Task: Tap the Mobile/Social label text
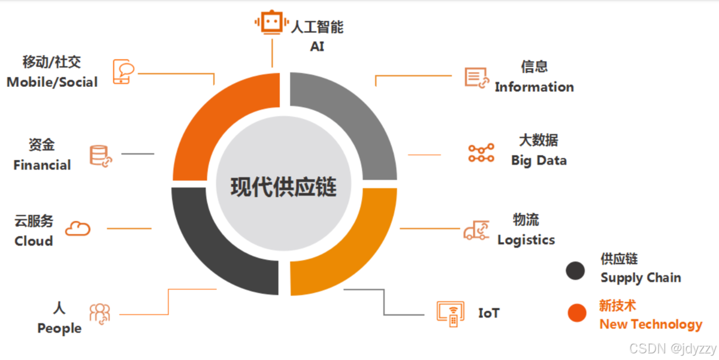(x=52, y=81)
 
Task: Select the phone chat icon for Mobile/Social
(x=123, y=71)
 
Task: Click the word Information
(x=534, y=87)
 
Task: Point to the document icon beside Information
(x=476, y=77)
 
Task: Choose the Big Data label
(x=539, y=160)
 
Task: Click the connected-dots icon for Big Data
(x=481, y=153)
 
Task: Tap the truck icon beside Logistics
(x=476, y=231)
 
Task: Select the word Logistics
(x=526, y=240)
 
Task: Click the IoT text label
(x=489, y=313)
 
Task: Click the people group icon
(x=100, y=313)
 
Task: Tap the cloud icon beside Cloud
(x=77, y=228)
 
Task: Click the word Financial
(x=42, y=165)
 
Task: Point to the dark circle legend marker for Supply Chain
(x=575, y=271)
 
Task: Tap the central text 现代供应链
(x=284, y=187)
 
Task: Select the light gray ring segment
(x=354, y=120)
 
